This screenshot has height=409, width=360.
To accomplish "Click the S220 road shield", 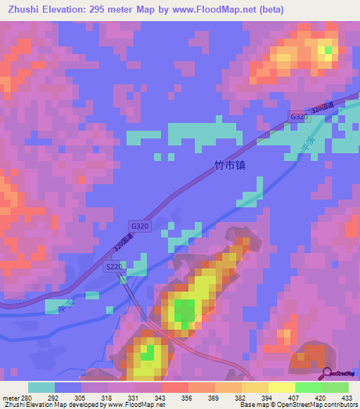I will click(x=113, y=267).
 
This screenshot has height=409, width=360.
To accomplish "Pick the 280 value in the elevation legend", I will click(x=27, y=397).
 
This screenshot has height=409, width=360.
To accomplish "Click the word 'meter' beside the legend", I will click(x=11, y=397).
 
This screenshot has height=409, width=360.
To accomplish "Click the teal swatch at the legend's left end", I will click(x=41, y=387).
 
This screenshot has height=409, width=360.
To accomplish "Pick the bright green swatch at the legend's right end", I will click(x=335, y=387).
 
